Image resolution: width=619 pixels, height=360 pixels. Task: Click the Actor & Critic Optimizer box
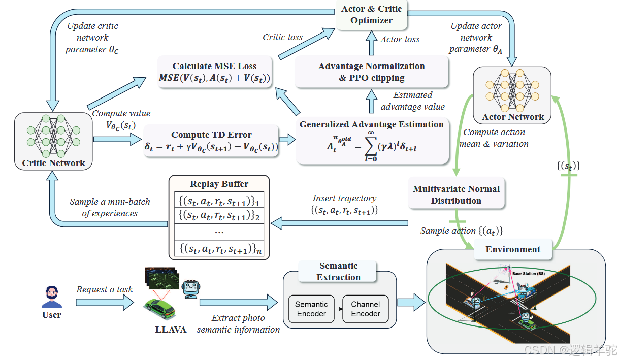[371, 15]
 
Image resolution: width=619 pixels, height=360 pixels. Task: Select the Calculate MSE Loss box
[215, 72]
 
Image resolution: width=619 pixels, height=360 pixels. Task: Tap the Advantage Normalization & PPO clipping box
[371, 72]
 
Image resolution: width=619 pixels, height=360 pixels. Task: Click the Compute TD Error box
[211, 141]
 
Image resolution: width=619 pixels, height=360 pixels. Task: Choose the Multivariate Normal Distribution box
[456, 194]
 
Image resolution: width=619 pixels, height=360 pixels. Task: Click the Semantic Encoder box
[311, 309]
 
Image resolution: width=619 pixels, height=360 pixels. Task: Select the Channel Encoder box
[365, 309]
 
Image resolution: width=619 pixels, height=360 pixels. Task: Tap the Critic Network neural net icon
[53, 136]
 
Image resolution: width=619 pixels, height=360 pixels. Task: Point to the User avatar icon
[52, 298]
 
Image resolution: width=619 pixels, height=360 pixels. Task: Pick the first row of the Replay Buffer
[219, 201]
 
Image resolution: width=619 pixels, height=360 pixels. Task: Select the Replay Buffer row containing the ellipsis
[219, 231]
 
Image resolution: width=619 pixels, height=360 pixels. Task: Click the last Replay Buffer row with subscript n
[219, 249]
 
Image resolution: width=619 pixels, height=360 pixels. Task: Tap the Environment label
[513, 249]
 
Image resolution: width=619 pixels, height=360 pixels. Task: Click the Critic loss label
[282, 37]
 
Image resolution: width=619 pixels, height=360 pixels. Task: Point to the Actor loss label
[400, 39]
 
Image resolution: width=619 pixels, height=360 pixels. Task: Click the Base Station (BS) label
[528, 274]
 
